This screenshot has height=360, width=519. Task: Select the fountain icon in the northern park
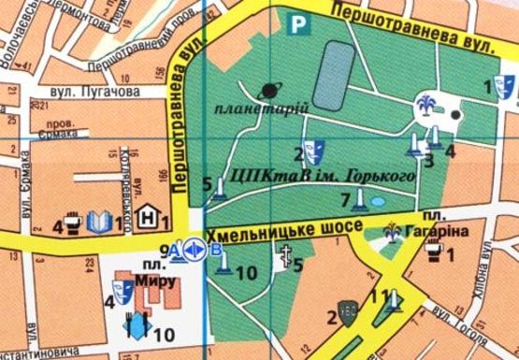(428, 106)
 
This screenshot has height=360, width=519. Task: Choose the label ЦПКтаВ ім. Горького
(298, 177)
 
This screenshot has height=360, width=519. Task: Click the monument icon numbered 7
(358, 200)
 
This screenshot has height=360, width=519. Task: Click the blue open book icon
(100, 223)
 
